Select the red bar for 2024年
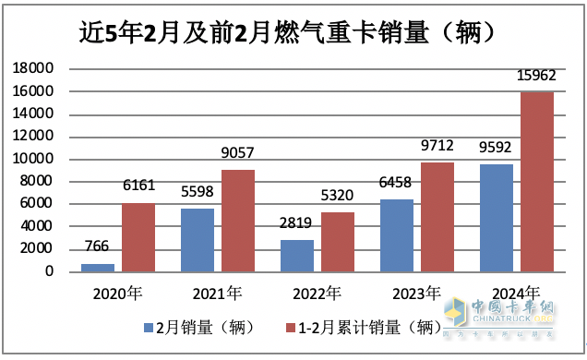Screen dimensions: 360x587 coord(538,181)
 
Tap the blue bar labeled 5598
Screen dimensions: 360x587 coord(198,239)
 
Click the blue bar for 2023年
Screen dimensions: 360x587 coord(398,234)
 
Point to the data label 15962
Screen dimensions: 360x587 coord(538,76)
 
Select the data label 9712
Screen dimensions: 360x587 coord(438,147)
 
